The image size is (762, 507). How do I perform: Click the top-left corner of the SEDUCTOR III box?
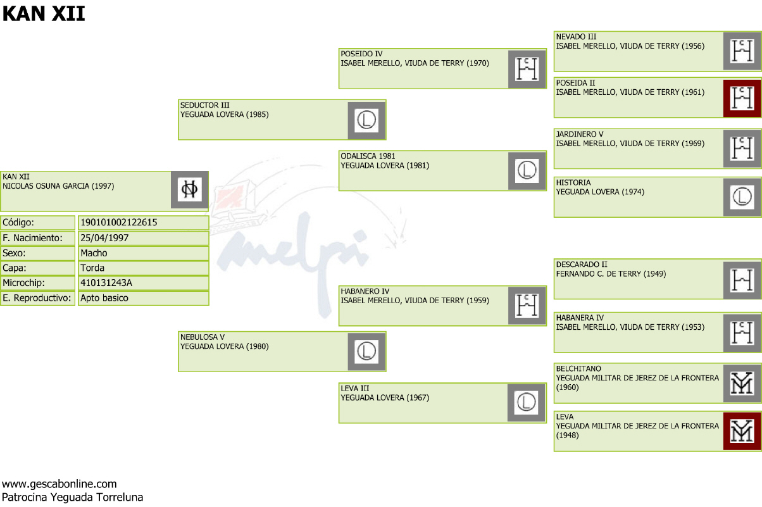point(178,100)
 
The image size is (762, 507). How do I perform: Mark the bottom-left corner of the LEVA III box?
point(339,423)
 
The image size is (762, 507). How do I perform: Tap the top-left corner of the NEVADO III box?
point(554,32)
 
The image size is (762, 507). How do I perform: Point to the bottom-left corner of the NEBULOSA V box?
point(178,372)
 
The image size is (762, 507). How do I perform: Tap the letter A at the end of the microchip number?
point(129,283)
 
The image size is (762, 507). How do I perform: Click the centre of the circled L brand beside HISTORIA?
point(742,197)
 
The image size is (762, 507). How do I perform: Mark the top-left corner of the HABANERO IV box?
point(339,286)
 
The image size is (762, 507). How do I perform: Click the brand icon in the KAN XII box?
point(189,189)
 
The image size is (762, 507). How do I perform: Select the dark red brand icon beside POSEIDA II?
point(742,98)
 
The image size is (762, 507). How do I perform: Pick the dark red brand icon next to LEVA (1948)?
point(742,432)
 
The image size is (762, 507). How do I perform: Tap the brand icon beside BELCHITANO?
point(742,384)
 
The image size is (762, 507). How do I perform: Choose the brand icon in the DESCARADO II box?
point(742,280)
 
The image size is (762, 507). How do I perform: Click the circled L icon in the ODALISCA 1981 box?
point(527,170)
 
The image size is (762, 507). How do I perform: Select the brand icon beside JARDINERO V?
point(742,149)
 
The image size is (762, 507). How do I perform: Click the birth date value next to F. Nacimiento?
point(104,238)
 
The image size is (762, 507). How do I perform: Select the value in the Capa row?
point(92,268)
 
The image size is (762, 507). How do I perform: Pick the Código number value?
point(119,223)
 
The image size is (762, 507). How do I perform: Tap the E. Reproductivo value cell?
point(143,298)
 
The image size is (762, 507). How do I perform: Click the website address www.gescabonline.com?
point(59,484)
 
